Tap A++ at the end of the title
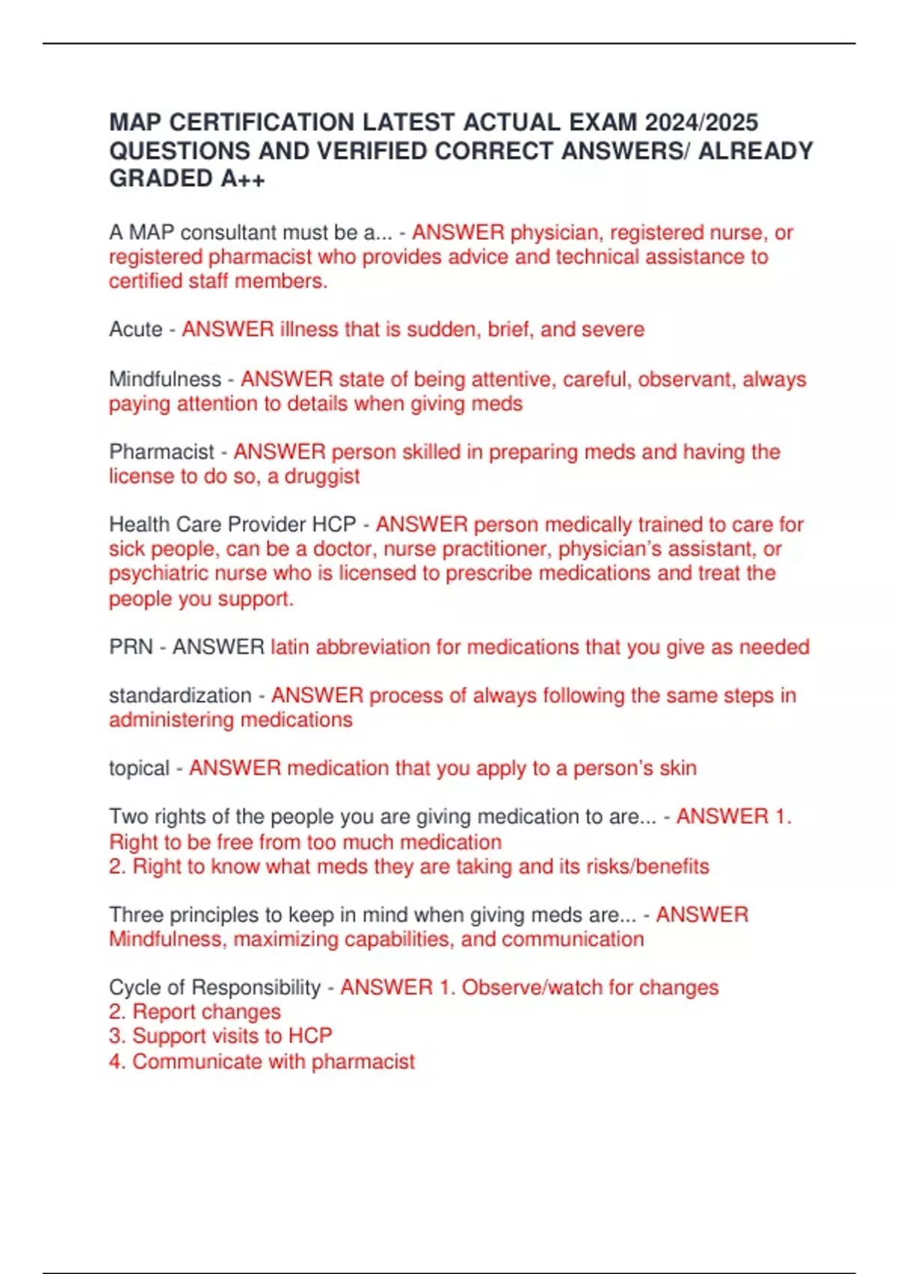click(x=243, y=179)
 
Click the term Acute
click(x=136, y=329)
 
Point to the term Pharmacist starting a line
click(x=162, y=452)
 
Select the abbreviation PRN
click(x=131, y=647)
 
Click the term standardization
click(x=180, y=695)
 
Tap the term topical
click(x=139, y=768)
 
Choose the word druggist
click(x=322, y=477)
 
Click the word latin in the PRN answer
click(x=290, y=647)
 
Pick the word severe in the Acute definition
click(x=612, y=329)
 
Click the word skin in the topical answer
click(x=678, y=768)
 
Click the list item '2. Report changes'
click(x=195, y=1012)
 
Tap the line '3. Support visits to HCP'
click(x=220, y=1036)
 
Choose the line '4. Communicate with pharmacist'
click(x=261, y=1061)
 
